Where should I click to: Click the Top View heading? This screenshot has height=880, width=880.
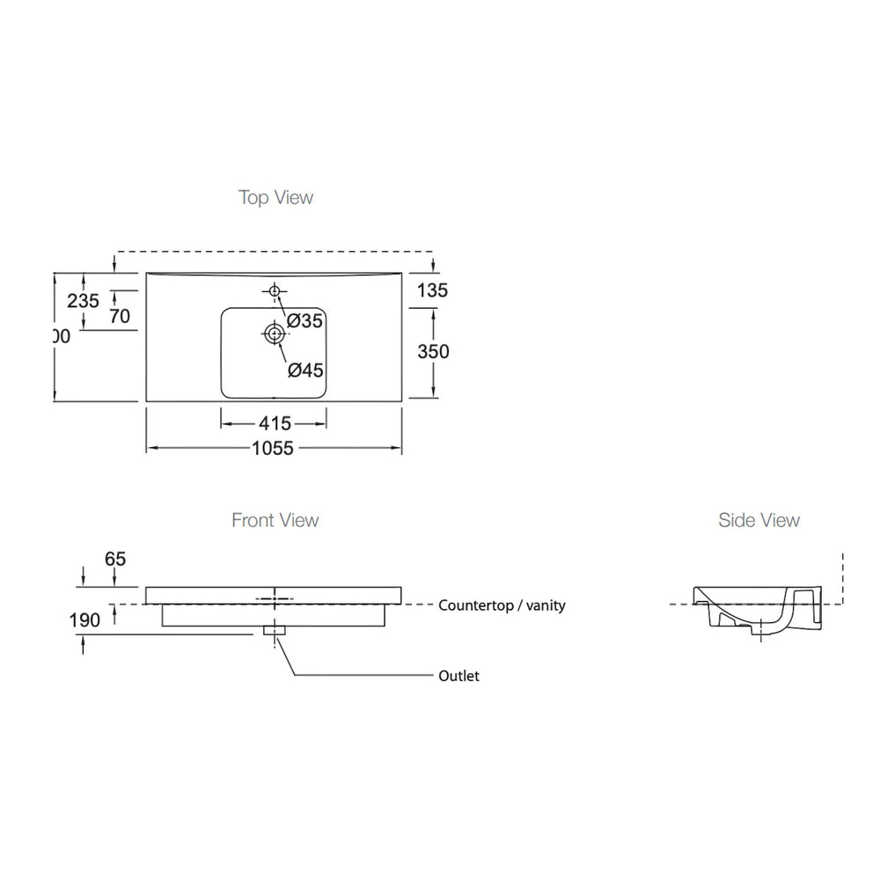(275, 197)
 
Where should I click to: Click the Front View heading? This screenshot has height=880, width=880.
(275, 520)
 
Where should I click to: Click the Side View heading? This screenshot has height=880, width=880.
(759, 520)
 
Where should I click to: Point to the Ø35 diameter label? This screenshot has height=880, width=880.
(305, 321)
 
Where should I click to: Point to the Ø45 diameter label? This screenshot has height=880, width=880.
(305, 370)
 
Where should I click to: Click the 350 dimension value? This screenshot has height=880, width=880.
(433, 351)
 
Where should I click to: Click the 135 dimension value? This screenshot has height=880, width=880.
(433, 290)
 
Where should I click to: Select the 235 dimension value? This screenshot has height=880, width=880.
(84, 300)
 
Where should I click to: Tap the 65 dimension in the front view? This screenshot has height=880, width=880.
(115, 559)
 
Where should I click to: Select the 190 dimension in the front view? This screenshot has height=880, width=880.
(84, 620)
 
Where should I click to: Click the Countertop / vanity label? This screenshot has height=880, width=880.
(502, 605)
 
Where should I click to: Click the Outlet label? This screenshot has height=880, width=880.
(458, 677)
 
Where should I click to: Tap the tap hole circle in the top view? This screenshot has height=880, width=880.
(275, 291)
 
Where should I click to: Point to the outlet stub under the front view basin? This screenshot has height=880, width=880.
(275, 631)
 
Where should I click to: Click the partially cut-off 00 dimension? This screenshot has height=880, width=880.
(61, 336)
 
